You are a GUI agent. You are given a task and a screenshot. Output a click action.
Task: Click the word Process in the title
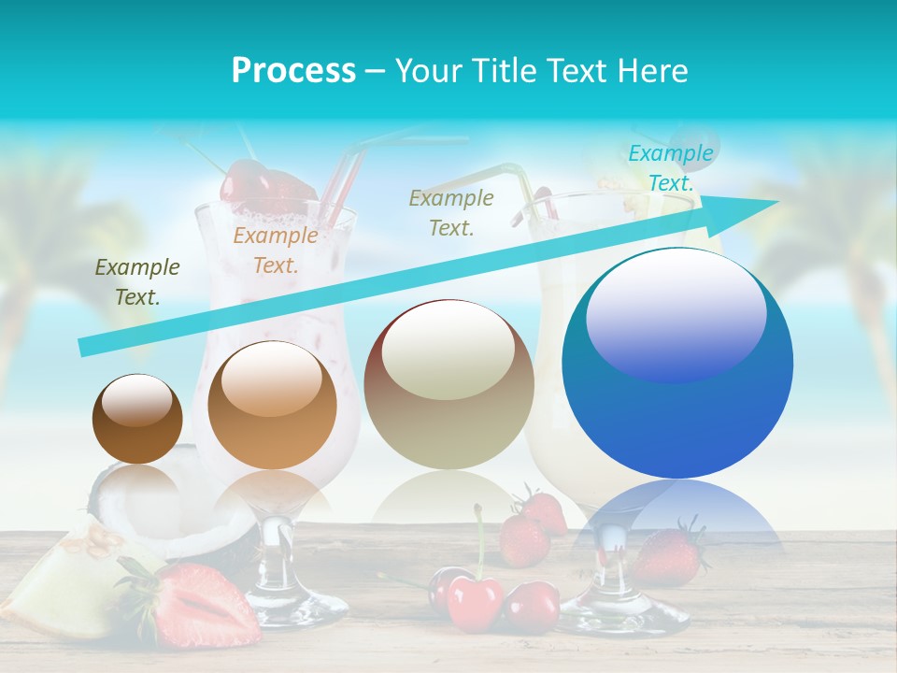pyautogui.click(x=293, y=70)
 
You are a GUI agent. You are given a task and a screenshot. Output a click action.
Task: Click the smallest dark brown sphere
pyautogui.click(x=137, y=419)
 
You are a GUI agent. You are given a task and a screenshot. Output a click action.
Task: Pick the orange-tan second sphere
pyautogui.click(x=272, y=405)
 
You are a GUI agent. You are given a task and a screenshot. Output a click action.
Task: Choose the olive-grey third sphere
pyautogui.click(x=448, y=384)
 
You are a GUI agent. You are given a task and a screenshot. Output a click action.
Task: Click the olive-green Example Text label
pyautogui.click(x=137, y=282)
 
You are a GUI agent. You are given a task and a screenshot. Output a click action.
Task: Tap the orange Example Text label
pyautogui.click(x=276, y=251)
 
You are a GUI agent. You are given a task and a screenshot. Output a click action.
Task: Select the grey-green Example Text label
pyautogui.click(x=451, y=212)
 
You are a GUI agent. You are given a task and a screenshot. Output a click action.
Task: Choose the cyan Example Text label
pyautogui.click(x=671, y=168)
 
